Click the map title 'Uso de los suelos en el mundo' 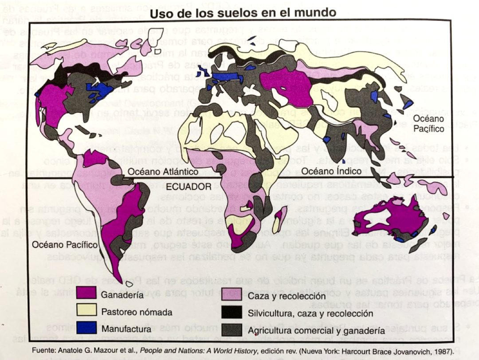point(243,13)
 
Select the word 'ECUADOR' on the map point(192,187)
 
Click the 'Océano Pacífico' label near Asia point(429,124)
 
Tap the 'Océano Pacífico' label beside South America point(65,244)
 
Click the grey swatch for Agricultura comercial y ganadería point(232,330)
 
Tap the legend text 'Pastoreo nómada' point(137,312)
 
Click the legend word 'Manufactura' point(126,329)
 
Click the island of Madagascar point(279,220)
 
